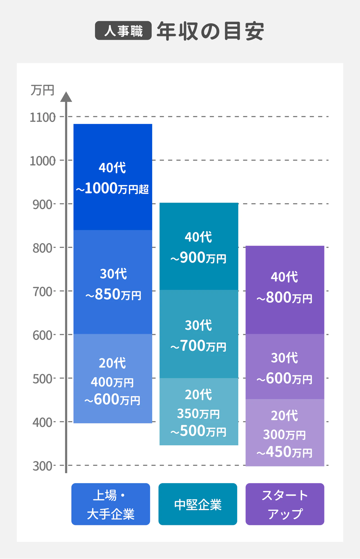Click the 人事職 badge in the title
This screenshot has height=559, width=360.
123,31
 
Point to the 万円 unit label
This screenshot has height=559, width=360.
42,90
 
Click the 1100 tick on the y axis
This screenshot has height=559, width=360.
42,117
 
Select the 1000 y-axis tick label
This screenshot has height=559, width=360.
42,161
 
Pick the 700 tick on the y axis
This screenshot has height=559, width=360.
42,292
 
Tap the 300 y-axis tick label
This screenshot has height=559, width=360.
42,466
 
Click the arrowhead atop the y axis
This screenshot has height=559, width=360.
66,97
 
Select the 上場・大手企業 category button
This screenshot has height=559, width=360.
111,504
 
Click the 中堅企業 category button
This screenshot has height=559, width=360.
198,504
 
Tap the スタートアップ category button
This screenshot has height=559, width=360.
285,504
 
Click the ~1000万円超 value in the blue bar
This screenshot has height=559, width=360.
112,188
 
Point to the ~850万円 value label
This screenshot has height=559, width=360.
113,294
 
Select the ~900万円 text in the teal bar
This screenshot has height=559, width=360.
198,258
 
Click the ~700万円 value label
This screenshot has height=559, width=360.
198,346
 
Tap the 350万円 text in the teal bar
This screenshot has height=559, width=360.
198,414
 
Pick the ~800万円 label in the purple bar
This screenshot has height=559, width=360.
284,298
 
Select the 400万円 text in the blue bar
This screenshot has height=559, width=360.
112,382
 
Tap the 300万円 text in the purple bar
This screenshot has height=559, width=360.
284,435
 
